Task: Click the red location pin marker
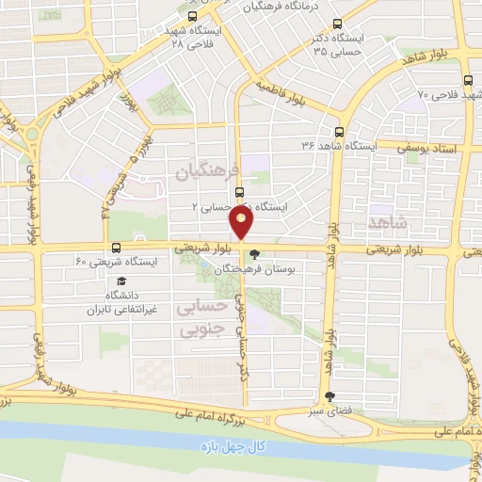click(241, 224)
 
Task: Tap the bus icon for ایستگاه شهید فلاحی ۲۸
click(193, 16)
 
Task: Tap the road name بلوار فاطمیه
click(282, 94)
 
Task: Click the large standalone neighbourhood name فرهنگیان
click(208, 170)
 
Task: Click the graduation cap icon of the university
click(120, 281)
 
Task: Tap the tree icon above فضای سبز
click(329, 397)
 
